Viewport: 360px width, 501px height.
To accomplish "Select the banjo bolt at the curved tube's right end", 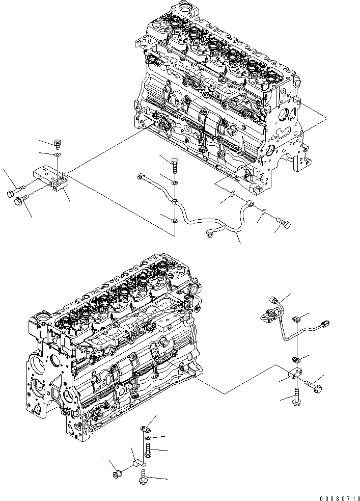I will coord(283,222).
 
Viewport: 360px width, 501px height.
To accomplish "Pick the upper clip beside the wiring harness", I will coord(298,320).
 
